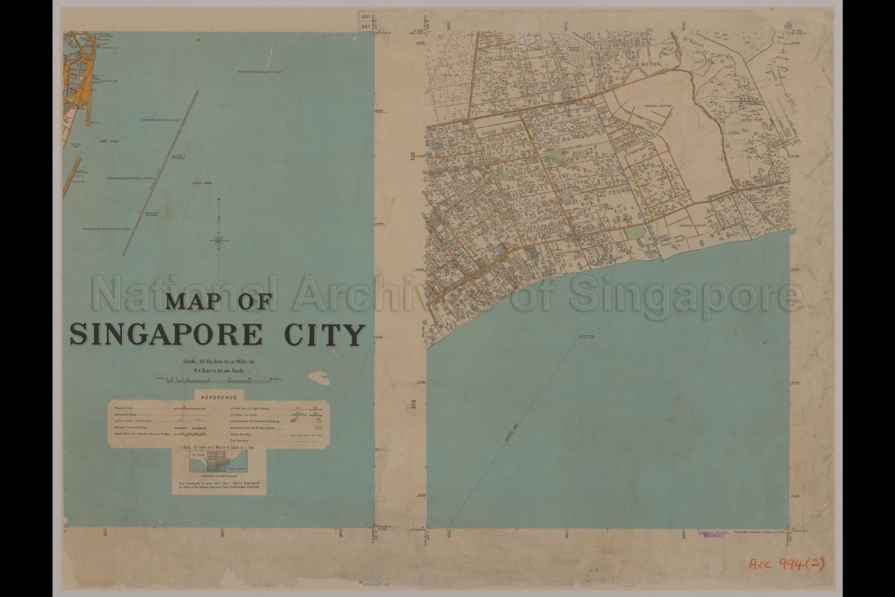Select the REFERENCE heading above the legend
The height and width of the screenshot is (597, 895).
pyautogui.click(x=219, y=398)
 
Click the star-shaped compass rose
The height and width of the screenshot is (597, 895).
pyautogui.click(x=219, y=240)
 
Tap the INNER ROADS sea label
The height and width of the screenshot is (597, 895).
pyautogui.click(x=109, y=141)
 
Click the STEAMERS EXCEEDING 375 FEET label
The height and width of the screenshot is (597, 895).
pyautogui.click(x=260, y=72)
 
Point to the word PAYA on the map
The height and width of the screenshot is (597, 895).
pyautogui.click(x=508, y=50)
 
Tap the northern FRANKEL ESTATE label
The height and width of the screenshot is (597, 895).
pyautogui.click(x=658, y=106)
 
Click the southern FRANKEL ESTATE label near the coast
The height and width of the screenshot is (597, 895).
pyautogui.click(x=693, y=226)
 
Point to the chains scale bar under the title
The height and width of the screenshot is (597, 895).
pyautogui.click(x=219, y=379)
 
